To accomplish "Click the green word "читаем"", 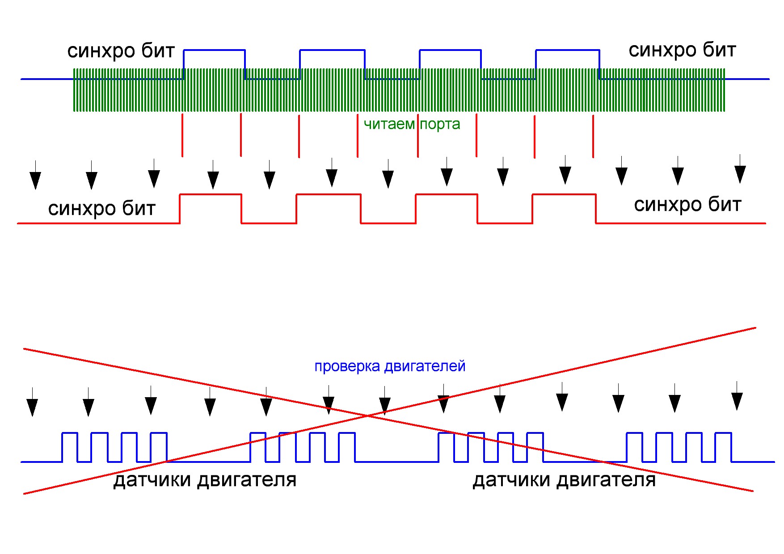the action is point(389,124).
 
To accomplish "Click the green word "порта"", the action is point(440,125).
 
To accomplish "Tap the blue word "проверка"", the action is point(347,367).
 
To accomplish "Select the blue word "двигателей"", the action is point(425,367).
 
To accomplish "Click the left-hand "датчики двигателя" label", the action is point(205,480).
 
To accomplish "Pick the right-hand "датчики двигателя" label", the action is point(564,480).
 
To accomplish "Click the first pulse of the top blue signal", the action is point(215,50).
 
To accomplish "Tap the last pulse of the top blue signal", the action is point(568,50).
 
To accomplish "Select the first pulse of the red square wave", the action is point(211,194).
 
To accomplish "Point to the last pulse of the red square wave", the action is point(564,194).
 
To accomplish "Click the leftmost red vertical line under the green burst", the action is point(182,135).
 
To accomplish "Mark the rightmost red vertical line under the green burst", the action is point(593,137).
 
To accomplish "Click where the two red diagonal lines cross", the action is point(368,416).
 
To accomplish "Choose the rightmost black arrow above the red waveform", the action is point(740,169).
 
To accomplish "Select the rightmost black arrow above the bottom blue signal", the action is point(737,396).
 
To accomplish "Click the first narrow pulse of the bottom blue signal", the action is point(69,433).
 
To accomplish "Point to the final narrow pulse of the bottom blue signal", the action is point(723,433).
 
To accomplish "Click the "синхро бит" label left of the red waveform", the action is point(102,209).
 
